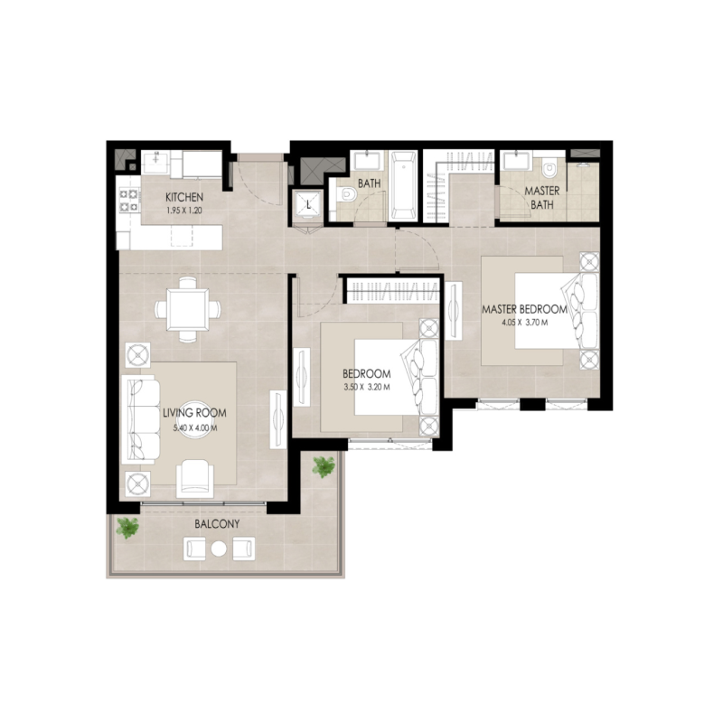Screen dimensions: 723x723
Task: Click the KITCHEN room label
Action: coord(183,198)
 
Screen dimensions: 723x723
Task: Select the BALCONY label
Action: coord(217,524)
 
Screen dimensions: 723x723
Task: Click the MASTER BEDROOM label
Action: coord(524,309)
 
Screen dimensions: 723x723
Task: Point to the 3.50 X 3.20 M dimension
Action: coord(366,388)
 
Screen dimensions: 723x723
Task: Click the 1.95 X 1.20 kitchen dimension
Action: coord(184,211)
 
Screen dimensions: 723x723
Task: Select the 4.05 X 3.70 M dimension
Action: coord(524,323)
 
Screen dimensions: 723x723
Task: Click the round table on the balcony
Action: coord(218,548)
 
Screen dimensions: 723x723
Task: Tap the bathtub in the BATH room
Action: coord(404,186)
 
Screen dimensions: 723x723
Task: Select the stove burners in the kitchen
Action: coord(126,201)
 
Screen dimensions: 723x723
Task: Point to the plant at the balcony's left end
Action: coord(127,527)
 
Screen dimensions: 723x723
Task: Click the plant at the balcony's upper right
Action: coord(323,466)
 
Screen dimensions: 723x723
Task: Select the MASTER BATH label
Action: coord(542,198)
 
